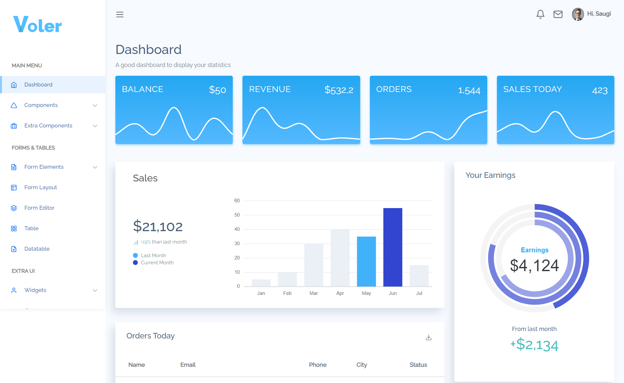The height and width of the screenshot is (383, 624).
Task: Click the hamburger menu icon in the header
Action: (x=120, y=15)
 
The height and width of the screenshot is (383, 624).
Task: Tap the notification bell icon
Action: (x=540, y=14)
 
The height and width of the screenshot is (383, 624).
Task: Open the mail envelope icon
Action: (x=558, y=14)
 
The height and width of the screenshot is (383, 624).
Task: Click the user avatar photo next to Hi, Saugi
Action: (x=578, y=14)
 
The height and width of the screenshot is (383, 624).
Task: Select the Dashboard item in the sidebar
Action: (x=38, y=85)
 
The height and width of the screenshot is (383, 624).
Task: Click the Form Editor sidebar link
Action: (x=39, y=208)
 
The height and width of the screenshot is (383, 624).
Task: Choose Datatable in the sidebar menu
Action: (x=37, y=249)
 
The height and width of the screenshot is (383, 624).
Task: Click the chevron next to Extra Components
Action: (x=95, y=126)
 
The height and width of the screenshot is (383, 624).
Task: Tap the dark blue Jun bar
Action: (x=393, y=247)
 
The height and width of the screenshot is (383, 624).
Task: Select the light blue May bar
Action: (x=366, y=261)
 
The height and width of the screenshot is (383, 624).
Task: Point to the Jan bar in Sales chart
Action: (x=261, y=283)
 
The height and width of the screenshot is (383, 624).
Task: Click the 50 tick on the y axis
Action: (x=237, y=215)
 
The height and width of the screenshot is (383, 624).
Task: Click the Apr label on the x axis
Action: (x=340, y=293)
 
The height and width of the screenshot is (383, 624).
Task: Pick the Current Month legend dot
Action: (x=136, y=263)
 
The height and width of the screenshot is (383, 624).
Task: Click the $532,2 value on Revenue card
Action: (x=339, y=90)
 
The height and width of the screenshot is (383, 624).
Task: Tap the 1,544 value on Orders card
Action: (x=469, y=90)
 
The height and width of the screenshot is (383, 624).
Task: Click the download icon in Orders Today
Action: (x=429, y=337)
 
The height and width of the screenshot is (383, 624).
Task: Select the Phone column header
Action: (x=318, y=365)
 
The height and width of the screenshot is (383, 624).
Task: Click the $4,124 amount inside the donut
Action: (x=534, y=266)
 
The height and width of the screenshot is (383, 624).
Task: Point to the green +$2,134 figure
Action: (x=534, y=345)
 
